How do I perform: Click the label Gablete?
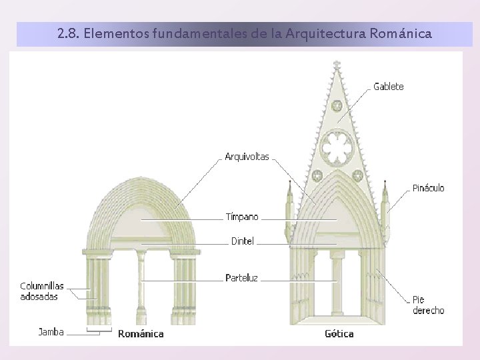(x=388, y=87)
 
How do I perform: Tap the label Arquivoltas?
(x=247, y=157)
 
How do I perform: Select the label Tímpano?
(x=241, y=217)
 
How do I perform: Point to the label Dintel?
(x=242, y=241)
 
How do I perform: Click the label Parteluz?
(x=241, y=277)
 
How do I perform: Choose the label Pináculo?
(x=428, y=188)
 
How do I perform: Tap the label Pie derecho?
(x=428, y=305)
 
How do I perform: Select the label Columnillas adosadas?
(x=42, y=291)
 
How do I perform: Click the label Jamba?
(x=51, y=331)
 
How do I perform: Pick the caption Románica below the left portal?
(x=141, y=333)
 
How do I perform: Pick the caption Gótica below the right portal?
(x=339, y=333)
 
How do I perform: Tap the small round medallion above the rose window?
(x=337, y=105)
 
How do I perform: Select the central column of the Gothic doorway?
(x=337, y=287)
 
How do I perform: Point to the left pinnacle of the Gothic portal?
(x=289, y=207)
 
